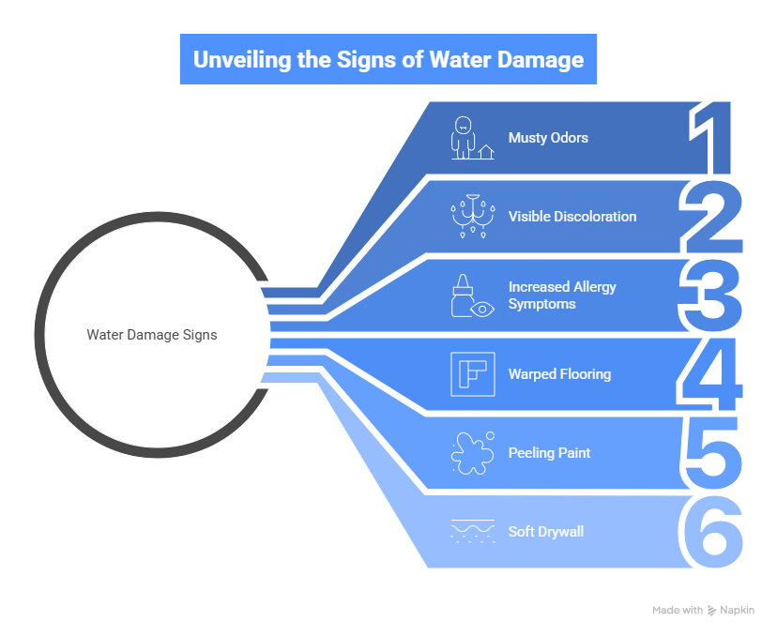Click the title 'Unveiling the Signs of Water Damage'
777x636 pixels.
tap(388, 60)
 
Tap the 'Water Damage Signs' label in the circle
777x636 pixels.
tap(152, 335)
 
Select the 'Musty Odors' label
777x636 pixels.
tap(548, 138)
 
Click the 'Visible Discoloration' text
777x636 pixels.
tap(571, 217)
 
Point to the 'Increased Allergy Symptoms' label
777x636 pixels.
tap(562, 295)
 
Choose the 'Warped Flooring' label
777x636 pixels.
tap(559, 374)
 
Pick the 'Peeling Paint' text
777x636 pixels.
tap(549, 453)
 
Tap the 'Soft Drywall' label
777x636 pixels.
tap(545, 532)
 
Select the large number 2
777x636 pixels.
tap(712, 217)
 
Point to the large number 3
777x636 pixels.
tap(712, 295)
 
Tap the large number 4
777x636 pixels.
tap(712, 374)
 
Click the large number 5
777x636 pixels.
tap(712, 453)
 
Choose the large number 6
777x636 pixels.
tap(712, 532)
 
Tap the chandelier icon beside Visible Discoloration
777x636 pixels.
tap(472, 216)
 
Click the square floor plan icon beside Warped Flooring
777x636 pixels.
tap(472, 374)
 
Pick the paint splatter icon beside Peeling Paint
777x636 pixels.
tap(472, 453)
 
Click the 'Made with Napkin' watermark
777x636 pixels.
tap(702, 611)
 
